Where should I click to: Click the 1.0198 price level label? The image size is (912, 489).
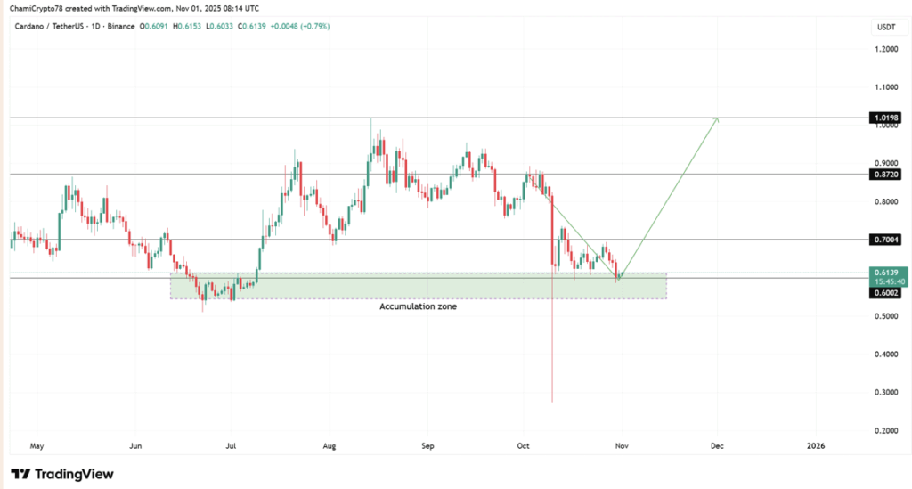[886, 118]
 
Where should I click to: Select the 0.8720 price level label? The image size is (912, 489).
[886, 175]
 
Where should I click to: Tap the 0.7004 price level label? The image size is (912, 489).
[886, 240]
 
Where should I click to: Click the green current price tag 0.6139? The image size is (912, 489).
[886, 273]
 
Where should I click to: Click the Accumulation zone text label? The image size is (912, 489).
[419, 306]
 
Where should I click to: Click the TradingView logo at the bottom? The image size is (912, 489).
[62, 474]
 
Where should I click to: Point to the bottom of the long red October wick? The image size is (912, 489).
[553, 400]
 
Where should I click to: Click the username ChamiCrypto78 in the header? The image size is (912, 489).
[41, 9]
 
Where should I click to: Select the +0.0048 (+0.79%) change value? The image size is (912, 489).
[302, 26]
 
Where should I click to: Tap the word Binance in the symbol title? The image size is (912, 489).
[120, 26]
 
